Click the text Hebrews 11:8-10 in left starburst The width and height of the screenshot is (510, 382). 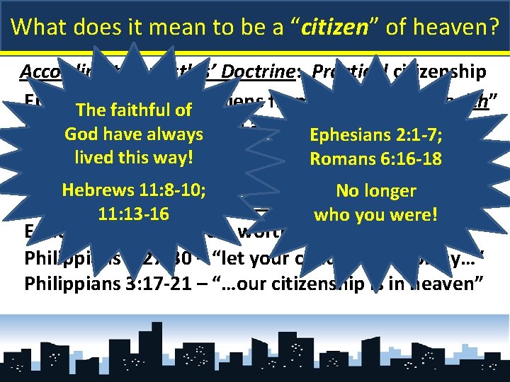tap(134, 190)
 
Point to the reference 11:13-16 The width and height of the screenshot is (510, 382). tap(134, 212)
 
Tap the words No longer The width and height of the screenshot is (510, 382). tap(375, 190)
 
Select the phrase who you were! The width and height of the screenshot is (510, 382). tap(375, 213)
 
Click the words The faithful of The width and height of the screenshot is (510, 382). tap(134, 110)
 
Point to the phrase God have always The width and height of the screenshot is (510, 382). tap(134, 133)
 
